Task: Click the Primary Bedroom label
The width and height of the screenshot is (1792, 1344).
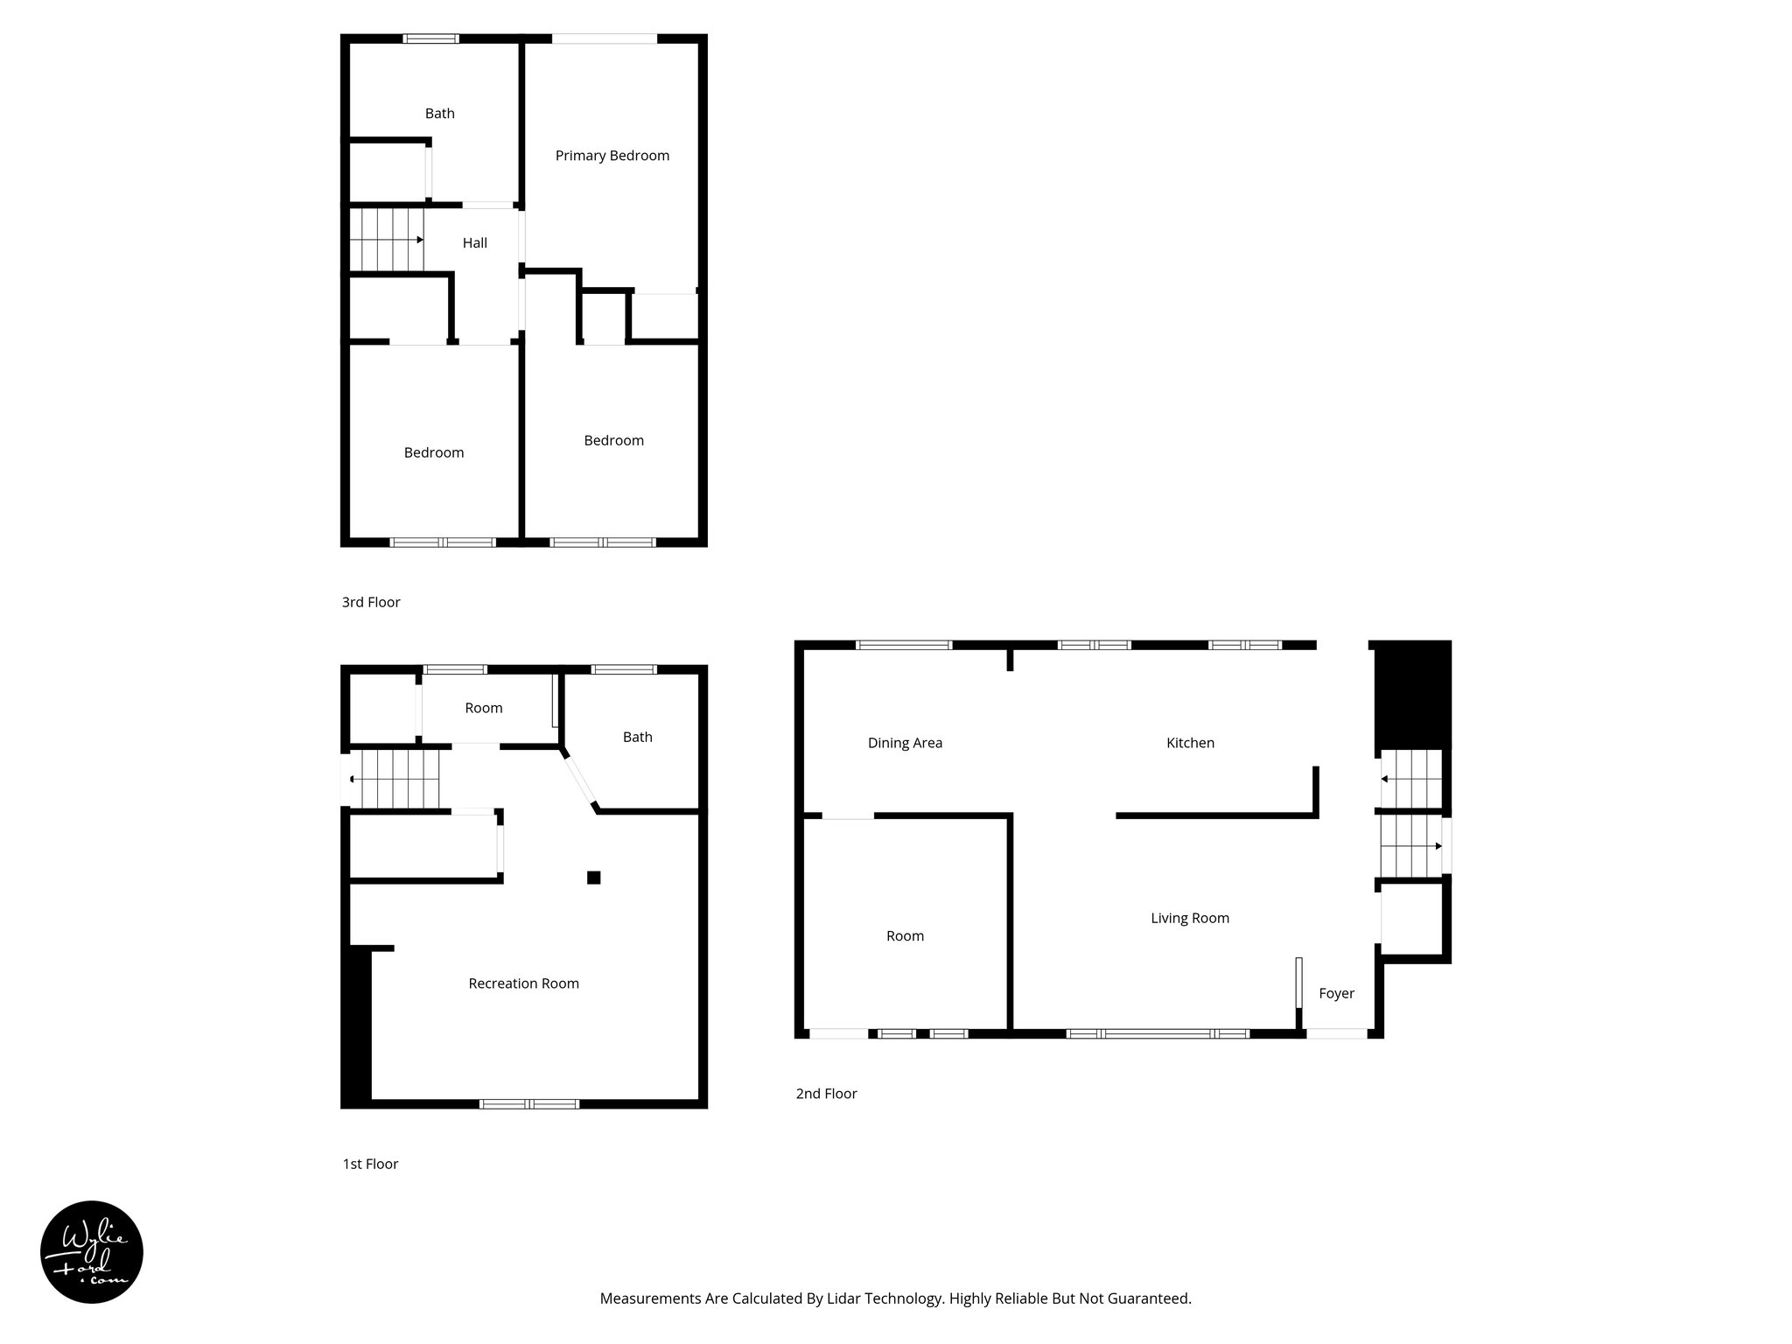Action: [612, 156]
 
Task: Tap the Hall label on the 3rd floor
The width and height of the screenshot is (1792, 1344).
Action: [474, 243]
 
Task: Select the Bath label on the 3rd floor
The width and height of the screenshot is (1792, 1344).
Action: [439, 114]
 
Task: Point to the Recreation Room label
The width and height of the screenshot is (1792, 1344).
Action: [523, 983]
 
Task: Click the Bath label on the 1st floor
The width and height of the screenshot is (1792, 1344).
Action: [637, 738]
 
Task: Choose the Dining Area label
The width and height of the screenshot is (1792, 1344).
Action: [905, 744]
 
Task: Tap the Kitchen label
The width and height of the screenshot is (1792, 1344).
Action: [1190, 744]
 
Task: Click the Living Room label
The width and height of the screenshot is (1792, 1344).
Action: [1189, 919]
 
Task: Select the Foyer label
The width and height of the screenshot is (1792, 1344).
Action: [1336, 994]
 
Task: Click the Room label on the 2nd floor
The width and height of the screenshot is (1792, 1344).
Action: [905, 936]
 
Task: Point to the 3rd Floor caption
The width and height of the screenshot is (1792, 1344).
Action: [371, 603]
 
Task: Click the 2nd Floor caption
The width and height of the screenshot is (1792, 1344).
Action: [826, 1094]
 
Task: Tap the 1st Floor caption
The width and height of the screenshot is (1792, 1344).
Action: [370, 1165]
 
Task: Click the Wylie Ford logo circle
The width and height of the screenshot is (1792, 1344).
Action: [92, 1252]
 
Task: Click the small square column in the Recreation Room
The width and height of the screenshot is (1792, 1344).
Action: [593, 878]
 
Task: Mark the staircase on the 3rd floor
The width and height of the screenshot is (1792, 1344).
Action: [386, 240]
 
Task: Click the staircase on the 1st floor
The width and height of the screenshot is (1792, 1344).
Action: [394, 779]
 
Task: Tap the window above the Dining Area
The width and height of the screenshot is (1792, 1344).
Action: [904, 646]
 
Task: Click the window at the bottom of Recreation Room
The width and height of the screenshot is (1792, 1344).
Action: [529, 1104]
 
